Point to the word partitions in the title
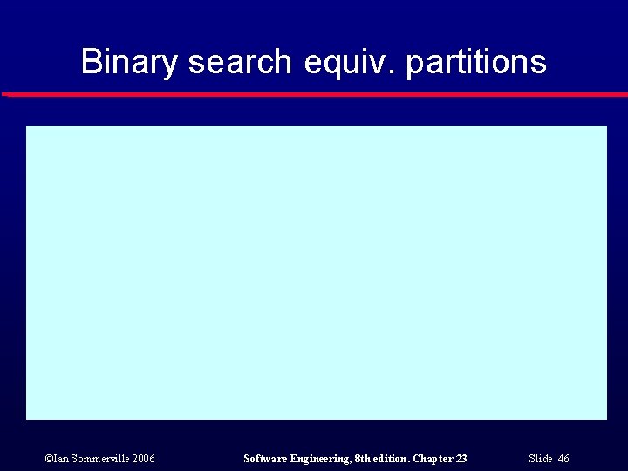point(476,63)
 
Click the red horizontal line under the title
point(314,94)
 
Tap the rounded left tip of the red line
point(5,94)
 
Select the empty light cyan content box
point(316,272)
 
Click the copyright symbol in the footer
point(48,459)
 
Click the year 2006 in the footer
point(144,459)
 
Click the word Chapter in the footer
point(433,459)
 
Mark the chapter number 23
point(461,459)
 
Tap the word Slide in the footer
point(541,459)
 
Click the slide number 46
point(563,459)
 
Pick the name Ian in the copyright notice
point(60,459)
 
